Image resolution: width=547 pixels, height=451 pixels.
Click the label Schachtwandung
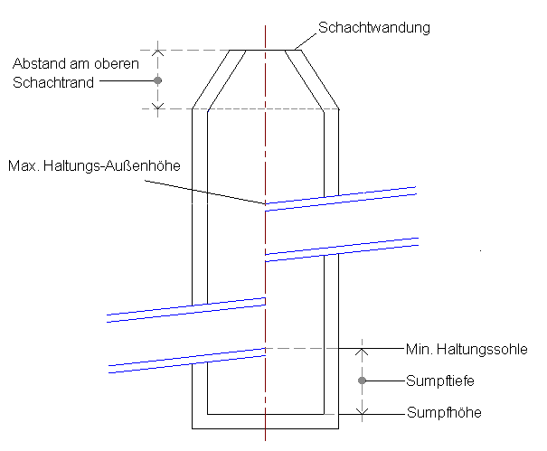pyautogui.click(x=373, y=28)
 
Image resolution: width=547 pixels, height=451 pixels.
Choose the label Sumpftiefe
pyautogui.click(x=441, y=381)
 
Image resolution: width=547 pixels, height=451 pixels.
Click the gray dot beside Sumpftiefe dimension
pyautogui.click(x=362, y=381)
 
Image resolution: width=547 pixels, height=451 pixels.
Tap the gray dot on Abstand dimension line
pyautogui.click(x=157, y=80)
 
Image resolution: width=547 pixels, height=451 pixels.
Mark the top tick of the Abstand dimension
pyautogui.click(x=157, y=50)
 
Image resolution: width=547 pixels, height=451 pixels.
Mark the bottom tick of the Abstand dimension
pyautogui.click(x=157, y=109)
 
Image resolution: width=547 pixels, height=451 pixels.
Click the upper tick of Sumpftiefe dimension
pyautogui.click(x=362, y=348)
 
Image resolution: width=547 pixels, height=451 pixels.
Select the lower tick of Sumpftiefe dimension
pyautogui.click(x=362, y=413)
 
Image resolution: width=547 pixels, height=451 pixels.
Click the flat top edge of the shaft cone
pyautogui.click(x=264, y=50)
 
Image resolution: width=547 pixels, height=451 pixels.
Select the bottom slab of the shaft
pyautogui.click(x=265, y=421)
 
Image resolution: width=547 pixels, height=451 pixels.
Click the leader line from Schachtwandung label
pyautogui.click(x=305, y=42)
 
